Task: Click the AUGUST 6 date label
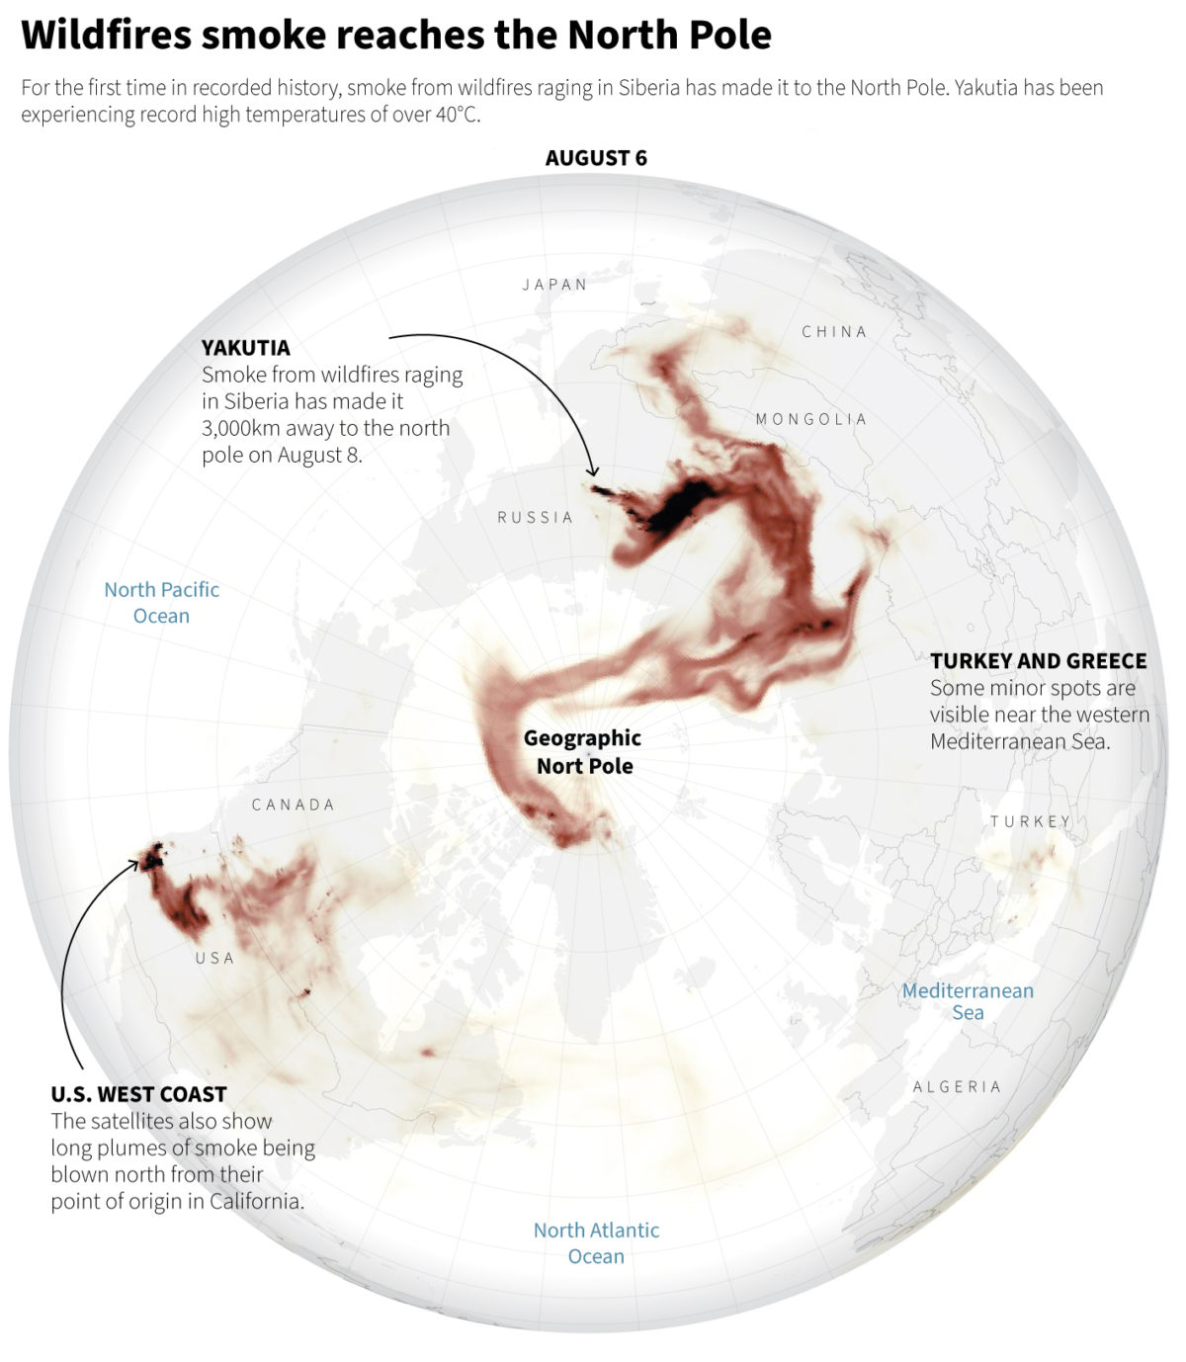tap(596, 158)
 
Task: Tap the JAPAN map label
tap(554, 285)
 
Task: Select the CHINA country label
tap(834, 332)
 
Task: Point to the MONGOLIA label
tap(810, 419)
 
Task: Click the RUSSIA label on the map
tap(535, 517)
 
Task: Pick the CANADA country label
tap(293, 805)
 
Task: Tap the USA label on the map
tap(214, 958)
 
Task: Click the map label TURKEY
tap(1030, 821)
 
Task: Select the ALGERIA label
tap(957, 1086)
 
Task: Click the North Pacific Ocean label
tap(162, 602)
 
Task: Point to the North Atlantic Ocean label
tap(596, 1242)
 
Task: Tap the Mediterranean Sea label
tap(968, 1001)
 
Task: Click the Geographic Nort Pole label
tap(583, 751)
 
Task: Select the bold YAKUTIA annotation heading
tap(246, 348)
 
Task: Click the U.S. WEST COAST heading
tap(139, 1094)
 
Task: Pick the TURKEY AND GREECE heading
tap(1038, 661)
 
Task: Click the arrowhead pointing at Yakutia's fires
tap(594, 473)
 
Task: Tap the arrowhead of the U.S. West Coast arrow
tap(135, 863)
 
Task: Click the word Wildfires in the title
tap(107, 36)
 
